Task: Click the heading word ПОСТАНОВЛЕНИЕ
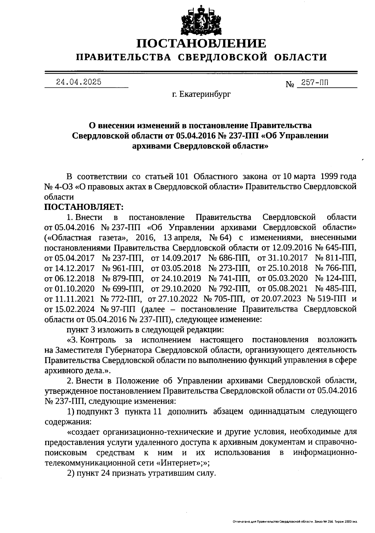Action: point(202,43)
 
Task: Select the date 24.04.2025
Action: point(78,82)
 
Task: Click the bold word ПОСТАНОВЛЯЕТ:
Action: point(84,207)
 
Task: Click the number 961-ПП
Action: point(123,268)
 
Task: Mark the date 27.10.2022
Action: point(173,299)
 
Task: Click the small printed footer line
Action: point(295,521)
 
